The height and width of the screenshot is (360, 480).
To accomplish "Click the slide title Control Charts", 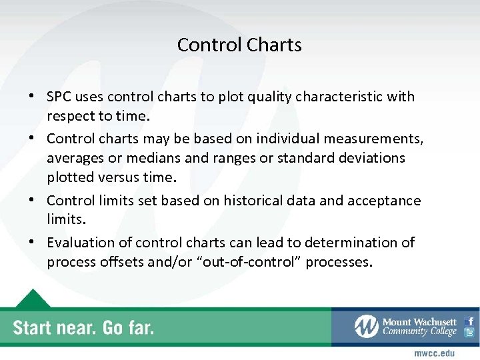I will click(x=239, y=45).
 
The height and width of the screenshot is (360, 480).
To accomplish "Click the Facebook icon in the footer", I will click(x=470, y=321).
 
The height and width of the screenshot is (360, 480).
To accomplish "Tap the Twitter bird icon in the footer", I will click(x=470, y=333).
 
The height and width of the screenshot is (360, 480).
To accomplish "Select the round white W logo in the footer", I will click(x=366, y=326).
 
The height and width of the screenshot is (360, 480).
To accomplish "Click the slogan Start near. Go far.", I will click(x=83, y=327).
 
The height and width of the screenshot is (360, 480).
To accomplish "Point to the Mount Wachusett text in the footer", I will click(x=420, y=321).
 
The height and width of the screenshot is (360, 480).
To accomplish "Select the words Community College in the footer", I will click(x=419, y=332).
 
